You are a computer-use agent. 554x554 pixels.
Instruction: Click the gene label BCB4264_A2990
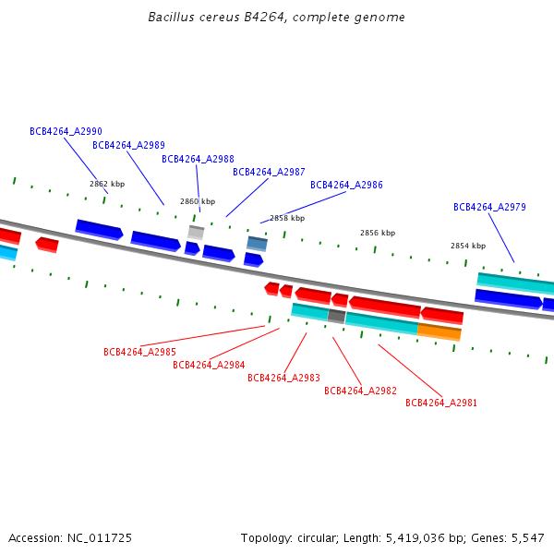(x=66, y=132)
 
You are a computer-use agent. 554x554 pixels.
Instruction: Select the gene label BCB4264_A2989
(x=128, y=145)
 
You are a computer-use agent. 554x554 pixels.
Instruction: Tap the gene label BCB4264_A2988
(x=198, y=159)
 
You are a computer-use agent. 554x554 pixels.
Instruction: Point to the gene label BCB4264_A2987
(x=269, y=172)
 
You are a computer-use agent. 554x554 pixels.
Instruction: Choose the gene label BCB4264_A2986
(x=346, y=185)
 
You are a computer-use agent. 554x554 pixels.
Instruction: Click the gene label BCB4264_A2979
(x=489, y=207)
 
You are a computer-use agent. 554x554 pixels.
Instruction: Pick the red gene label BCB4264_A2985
(x=139, y=352)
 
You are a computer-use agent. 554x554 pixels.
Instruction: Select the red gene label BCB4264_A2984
(x=209, y=365)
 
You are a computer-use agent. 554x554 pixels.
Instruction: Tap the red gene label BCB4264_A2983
(x=283, y=378)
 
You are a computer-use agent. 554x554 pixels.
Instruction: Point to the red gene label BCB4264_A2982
(x=360, y=391)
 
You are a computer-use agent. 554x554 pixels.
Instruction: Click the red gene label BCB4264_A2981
(x=441, y=403)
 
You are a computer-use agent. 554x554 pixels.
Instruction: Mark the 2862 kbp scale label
(x=106, y=184)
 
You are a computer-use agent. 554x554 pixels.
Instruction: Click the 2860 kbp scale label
(x=197, y=201)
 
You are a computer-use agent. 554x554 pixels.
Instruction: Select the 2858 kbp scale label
(x=287, y=218)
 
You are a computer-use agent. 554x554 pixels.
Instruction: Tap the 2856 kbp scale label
(x=377, y=233)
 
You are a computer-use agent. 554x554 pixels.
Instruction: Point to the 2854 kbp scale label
(x=467, y=246)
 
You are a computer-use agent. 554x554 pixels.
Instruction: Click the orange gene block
(x=439, y=331)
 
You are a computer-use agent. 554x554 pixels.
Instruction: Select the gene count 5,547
(x=527, y=537)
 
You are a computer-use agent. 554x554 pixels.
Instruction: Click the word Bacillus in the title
(x=169, y=18)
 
